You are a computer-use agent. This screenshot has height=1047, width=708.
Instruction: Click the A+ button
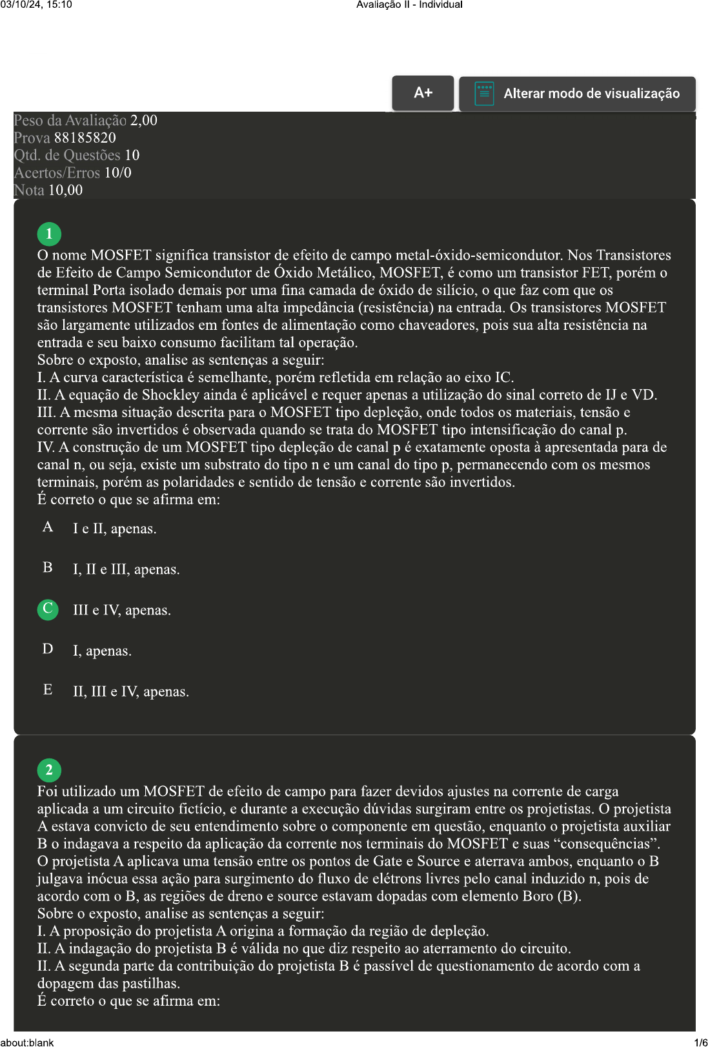pos(423,93)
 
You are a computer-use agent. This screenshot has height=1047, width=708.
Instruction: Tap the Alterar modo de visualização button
pos(578,94)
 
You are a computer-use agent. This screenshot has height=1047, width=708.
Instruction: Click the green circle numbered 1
pos(49,234)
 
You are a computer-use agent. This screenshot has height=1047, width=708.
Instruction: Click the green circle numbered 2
pos(49,770)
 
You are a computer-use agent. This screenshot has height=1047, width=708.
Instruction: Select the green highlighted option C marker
pos(48,609)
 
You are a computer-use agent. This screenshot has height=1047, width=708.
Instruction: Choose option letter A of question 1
pos(48,527)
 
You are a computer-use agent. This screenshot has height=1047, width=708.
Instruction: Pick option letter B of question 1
pos(48,568)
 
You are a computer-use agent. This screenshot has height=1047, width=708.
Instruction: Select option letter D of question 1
pos(48,649)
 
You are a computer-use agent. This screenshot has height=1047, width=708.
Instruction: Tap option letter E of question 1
pos(48,690)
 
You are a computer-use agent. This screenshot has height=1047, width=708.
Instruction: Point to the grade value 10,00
pos(65,190)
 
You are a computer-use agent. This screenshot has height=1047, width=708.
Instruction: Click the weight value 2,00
pos(143,121)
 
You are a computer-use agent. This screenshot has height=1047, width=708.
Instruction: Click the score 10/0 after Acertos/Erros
pos(117,173)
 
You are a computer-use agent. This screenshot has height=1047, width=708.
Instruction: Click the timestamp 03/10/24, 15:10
pos(36,5)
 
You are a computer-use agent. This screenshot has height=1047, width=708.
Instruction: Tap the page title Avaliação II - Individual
pos(409,5)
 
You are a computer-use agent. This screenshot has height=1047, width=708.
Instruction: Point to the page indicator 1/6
pos(700,1042)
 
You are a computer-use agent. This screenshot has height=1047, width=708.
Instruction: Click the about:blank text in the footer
pos(27,1042)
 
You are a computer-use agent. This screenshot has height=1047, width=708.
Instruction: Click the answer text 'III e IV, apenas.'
pos(122,611)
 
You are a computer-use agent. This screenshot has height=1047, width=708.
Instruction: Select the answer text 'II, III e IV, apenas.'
pos(131,692)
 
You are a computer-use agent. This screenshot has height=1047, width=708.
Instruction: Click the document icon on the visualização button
pos(484,94)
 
